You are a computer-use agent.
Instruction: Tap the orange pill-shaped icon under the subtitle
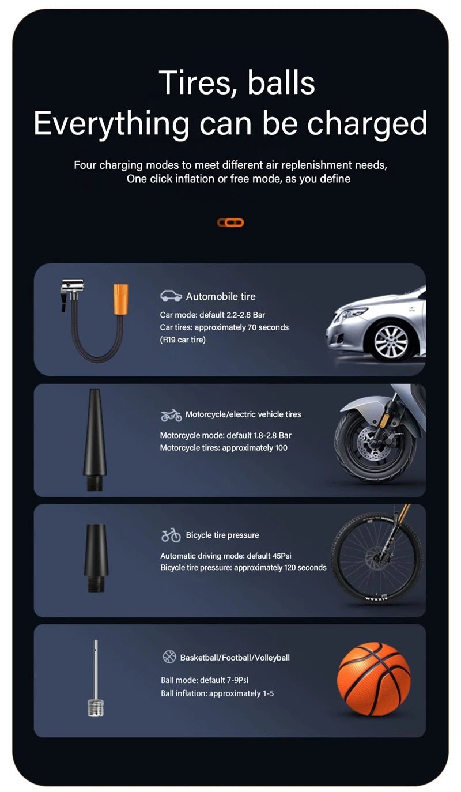231,222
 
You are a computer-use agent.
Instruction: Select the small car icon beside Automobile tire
171,296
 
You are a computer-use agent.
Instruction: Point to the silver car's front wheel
391,341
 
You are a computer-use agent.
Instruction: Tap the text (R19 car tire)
183,340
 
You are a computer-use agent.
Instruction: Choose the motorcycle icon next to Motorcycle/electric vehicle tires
171,415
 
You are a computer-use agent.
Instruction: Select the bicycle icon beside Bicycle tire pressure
171,535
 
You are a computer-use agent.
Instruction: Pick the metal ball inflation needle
96,680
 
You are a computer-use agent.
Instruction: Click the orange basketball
373,680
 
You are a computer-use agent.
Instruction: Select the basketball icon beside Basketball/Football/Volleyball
169,657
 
